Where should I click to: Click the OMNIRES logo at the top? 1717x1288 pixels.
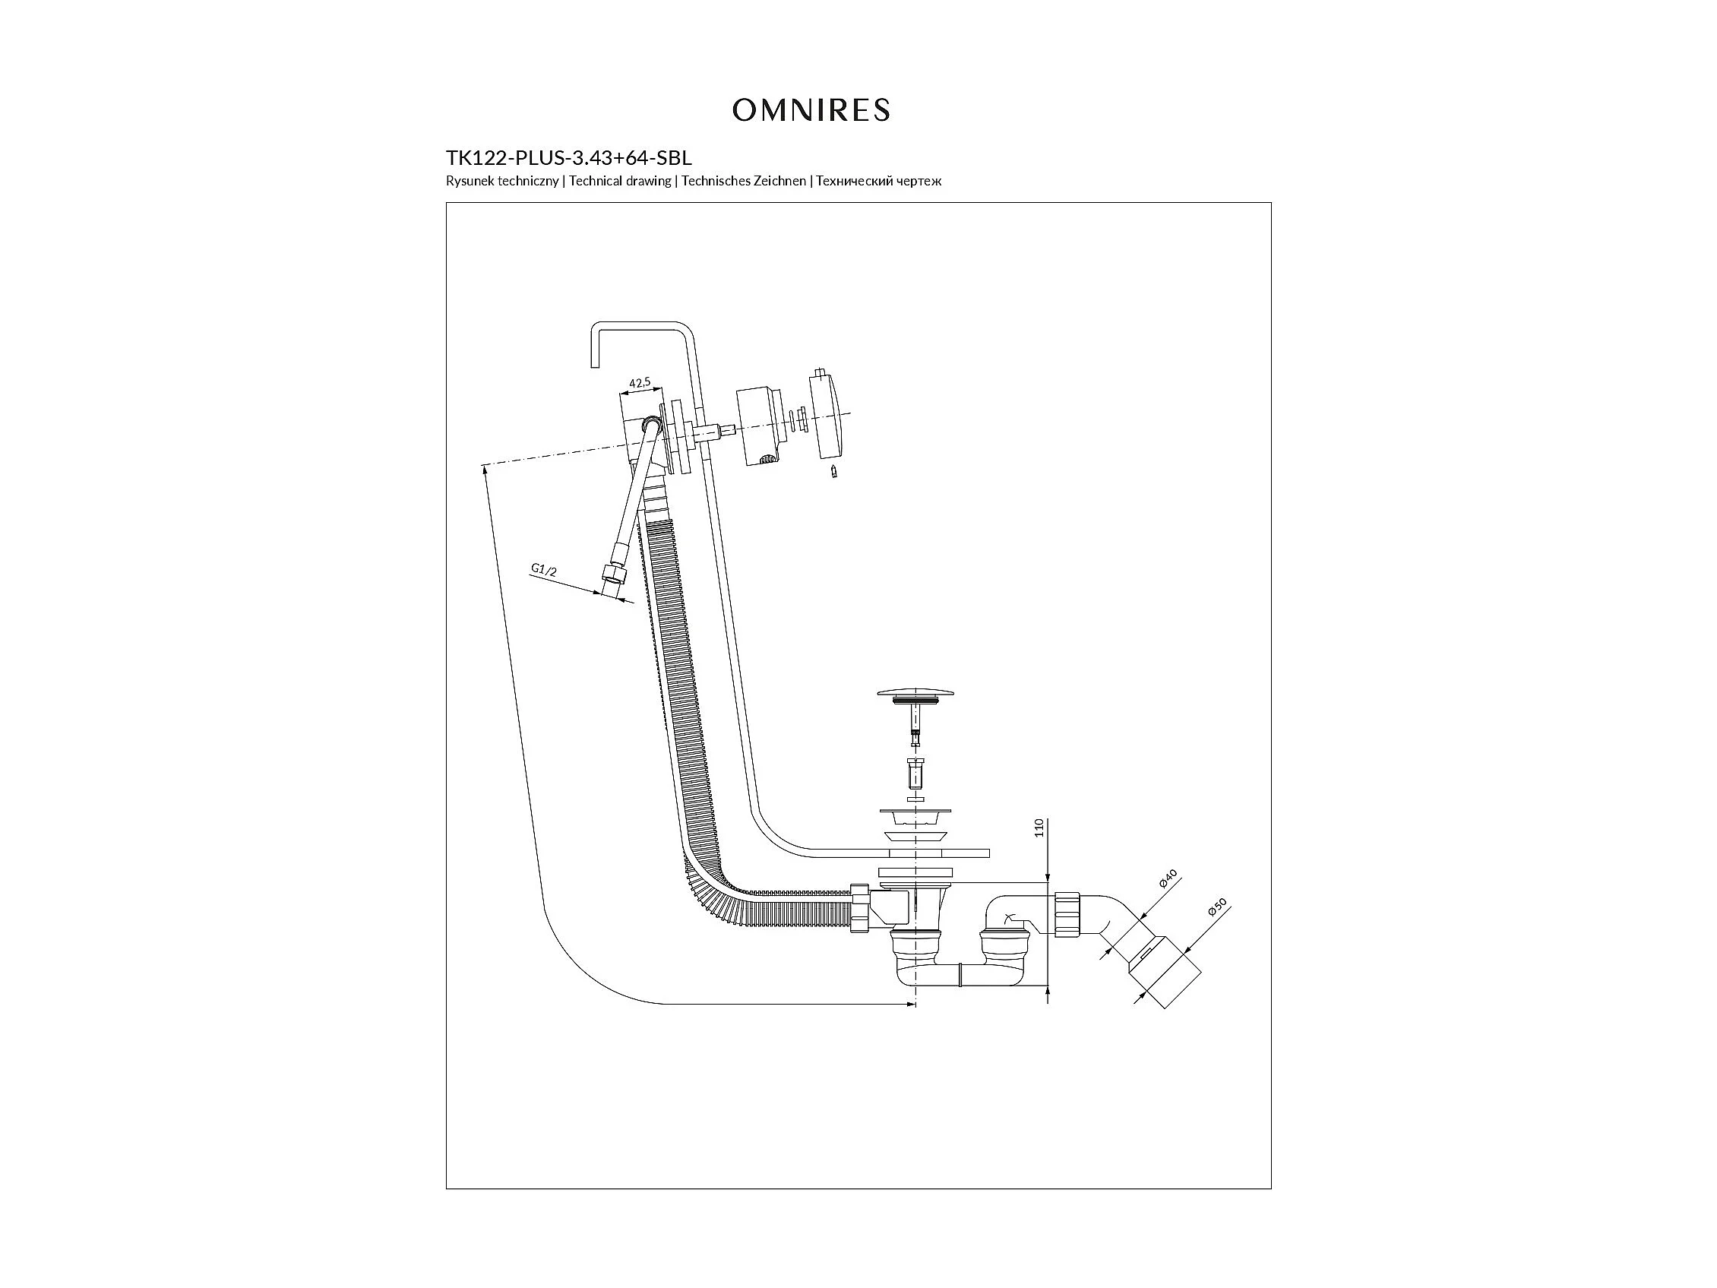coord(811,110)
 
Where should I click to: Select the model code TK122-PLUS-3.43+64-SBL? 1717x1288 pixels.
coord(569,158)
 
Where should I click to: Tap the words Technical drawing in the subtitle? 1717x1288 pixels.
coord(620,181)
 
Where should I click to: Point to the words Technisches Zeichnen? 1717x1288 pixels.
coord(744,181)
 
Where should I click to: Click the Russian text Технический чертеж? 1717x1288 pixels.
coord(879,181)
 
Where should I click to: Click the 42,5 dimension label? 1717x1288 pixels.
coord(640,382)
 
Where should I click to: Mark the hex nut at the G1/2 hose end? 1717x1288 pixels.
coord(613,578)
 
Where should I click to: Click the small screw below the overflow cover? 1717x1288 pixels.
coord(833,471)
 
